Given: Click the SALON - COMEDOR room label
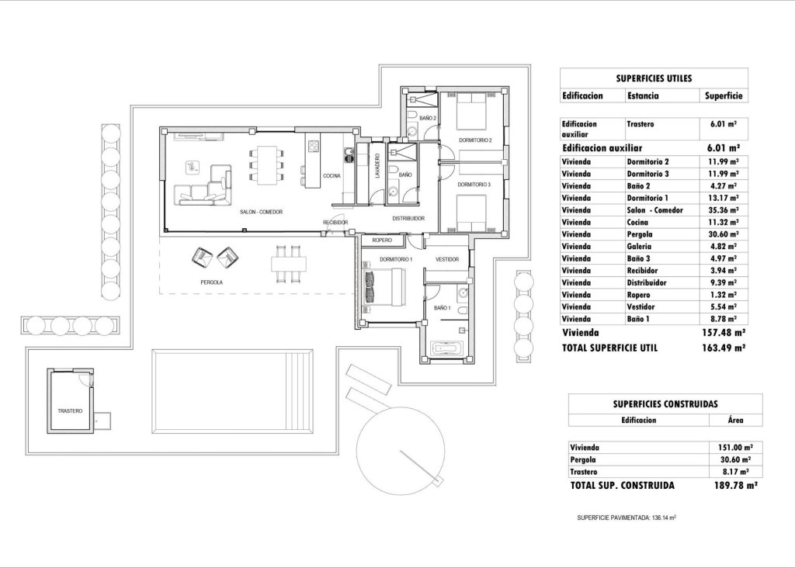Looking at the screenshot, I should [260, 212].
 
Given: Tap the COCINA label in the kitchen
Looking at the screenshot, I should [332, 176].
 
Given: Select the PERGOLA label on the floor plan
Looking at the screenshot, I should [211, 282].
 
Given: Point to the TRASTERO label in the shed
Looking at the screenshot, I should [69, 410].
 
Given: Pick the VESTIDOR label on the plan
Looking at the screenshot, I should [447, 259].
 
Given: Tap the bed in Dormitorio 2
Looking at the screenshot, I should [469, 112].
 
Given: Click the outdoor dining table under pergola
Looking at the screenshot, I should [286, 264].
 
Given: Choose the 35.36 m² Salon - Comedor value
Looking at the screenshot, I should [723, 210].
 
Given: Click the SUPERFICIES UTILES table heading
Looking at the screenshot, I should [653, 78].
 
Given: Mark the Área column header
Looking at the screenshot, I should [735, 420].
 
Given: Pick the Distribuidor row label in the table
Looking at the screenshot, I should [646, 282].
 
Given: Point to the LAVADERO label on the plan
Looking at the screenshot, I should [377, 172].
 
